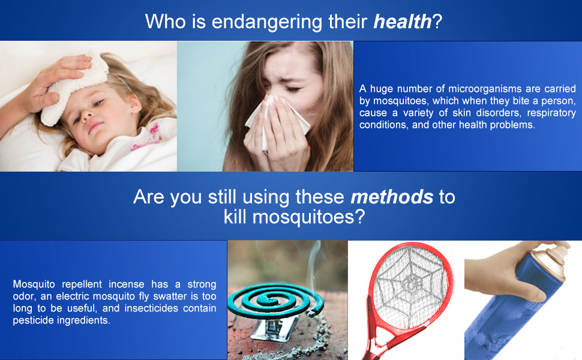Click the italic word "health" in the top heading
click(403, 21)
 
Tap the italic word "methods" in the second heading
click(392, 197)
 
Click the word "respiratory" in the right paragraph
click(551, 113)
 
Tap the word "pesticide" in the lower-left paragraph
click(34, 320)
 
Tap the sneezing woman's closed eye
click(293, 89)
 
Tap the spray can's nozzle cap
click(553, 254)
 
